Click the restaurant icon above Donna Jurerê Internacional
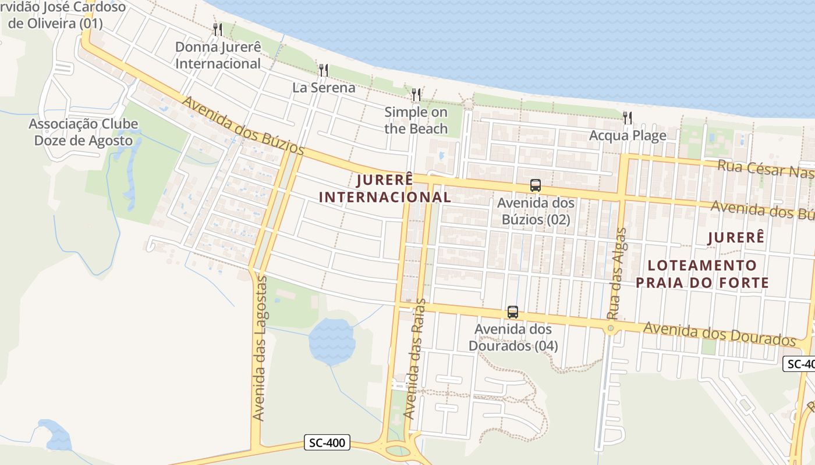tap(218, 29)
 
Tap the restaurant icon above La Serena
tap(324, 70)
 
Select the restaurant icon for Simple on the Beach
tap(416, 94)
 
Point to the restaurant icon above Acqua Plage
tap(627, 118)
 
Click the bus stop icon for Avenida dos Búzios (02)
tap(536, 186)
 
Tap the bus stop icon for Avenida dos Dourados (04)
tap(513, 312)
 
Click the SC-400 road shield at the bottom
tap(327, 443)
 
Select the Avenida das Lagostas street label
tap(260, 349)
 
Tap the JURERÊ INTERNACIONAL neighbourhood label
tap(385, 188)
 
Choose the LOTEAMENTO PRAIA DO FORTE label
tap(702, 274)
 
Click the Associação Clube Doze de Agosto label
tap(83, 132)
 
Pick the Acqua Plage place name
tap(628, 135)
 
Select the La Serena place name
tap(324, 88)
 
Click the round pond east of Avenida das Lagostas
tap(331, 341)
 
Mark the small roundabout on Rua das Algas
tap(611, 329)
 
